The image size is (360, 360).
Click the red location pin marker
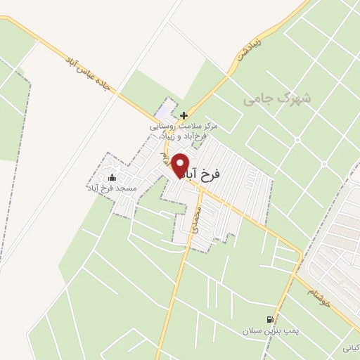tap(180, 165)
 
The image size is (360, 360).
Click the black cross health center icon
tap(184, 115)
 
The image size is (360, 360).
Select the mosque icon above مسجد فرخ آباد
tap(112, 177)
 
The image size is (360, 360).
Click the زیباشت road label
tap(249, 49)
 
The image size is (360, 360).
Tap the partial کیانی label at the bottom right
tap(351, 347)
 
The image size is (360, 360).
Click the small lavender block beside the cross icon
tap(164, 111)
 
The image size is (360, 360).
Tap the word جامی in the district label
tap(257, 101)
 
